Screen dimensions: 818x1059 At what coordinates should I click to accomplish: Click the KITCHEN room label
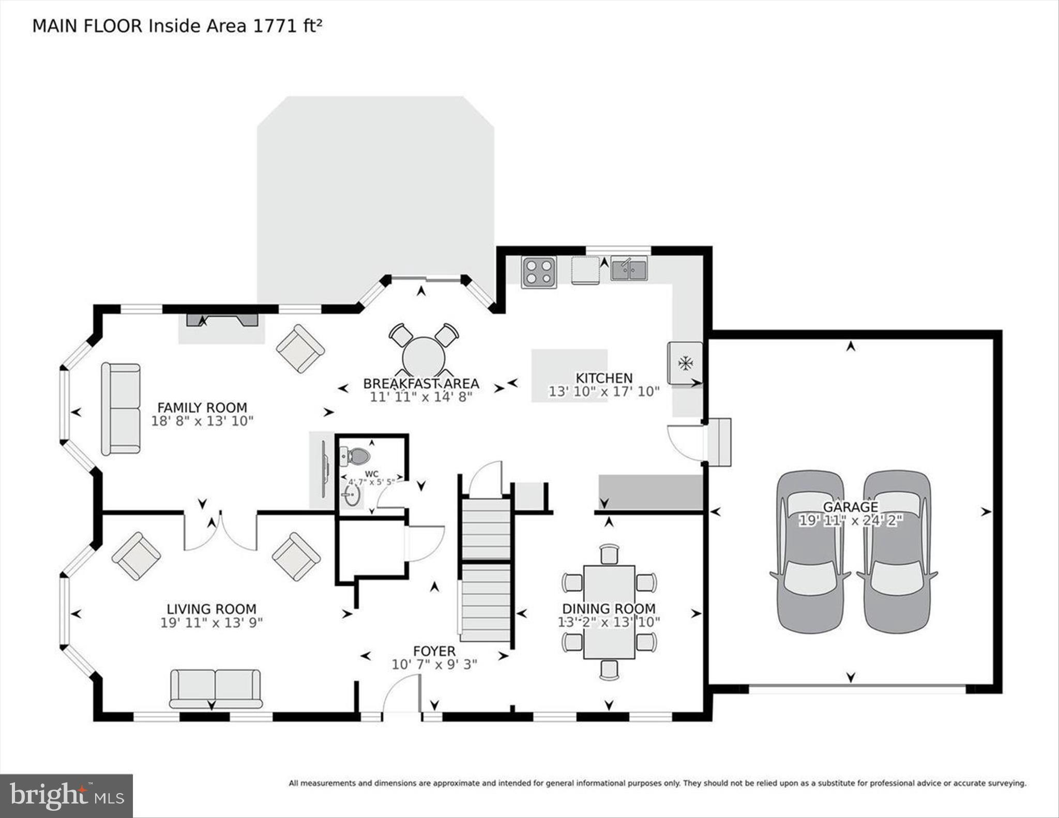tap(604, 378)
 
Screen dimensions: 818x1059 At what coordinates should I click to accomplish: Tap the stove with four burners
tap(539, 272)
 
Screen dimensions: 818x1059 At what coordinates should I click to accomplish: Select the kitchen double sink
tap(629, 269)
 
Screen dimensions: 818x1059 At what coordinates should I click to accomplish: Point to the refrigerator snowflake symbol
tap(686, 363)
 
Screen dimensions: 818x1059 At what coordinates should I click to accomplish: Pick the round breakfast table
tap(423, 356)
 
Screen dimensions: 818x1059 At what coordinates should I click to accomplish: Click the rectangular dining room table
tap(609, 612)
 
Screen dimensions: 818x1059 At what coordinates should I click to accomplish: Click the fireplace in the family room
tap(222, 321)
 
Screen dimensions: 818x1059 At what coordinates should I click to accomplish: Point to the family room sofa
tap(121, 408)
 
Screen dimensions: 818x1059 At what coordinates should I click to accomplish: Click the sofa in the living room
tap(216, 689)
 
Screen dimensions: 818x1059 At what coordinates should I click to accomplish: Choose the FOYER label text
tap(434, 651)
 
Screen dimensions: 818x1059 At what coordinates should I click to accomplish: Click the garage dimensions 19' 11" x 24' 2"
tap(851, 520)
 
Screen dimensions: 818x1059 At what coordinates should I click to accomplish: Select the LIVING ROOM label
tap(211, 609)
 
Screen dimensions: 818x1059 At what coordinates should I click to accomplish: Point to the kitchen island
tap(569, 375)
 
